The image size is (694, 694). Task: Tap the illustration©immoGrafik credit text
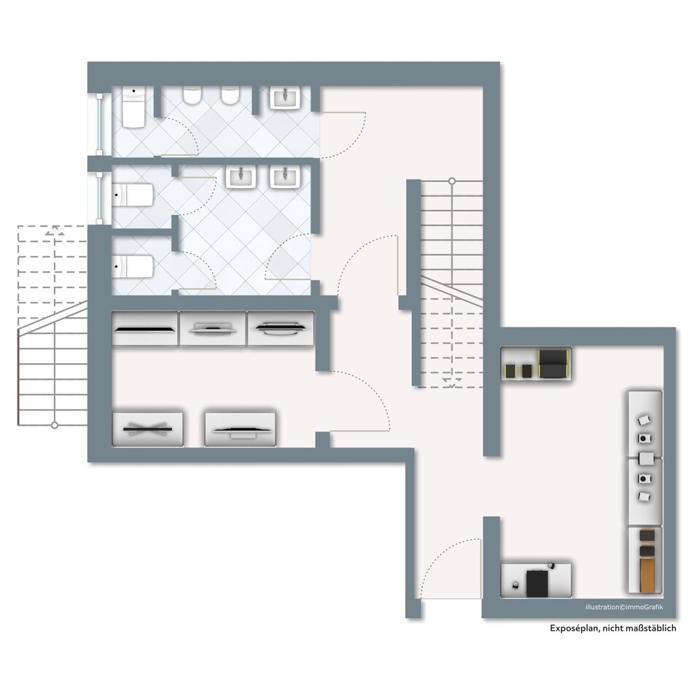624,607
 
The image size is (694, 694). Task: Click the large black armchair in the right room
553,363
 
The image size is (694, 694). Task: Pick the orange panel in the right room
647,574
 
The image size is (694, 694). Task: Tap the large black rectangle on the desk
537,583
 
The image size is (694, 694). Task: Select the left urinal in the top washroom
192,95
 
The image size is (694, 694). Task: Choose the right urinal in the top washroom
230,95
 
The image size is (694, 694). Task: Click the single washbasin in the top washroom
286,98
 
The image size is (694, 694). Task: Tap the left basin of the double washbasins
241,177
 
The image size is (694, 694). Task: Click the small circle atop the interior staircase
452,181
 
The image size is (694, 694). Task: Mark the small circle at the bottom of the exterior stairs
55,425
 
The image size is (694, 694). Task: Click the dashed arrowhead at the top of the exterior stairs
55,231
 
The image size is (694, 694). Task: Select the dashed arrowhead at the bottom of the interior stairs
452,383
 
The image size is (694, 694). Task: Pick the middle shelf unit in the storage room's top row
212,328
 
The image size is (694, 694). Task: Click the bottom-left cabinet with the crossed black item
148,429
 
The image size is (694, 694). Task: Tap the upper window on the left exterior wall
100,124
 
